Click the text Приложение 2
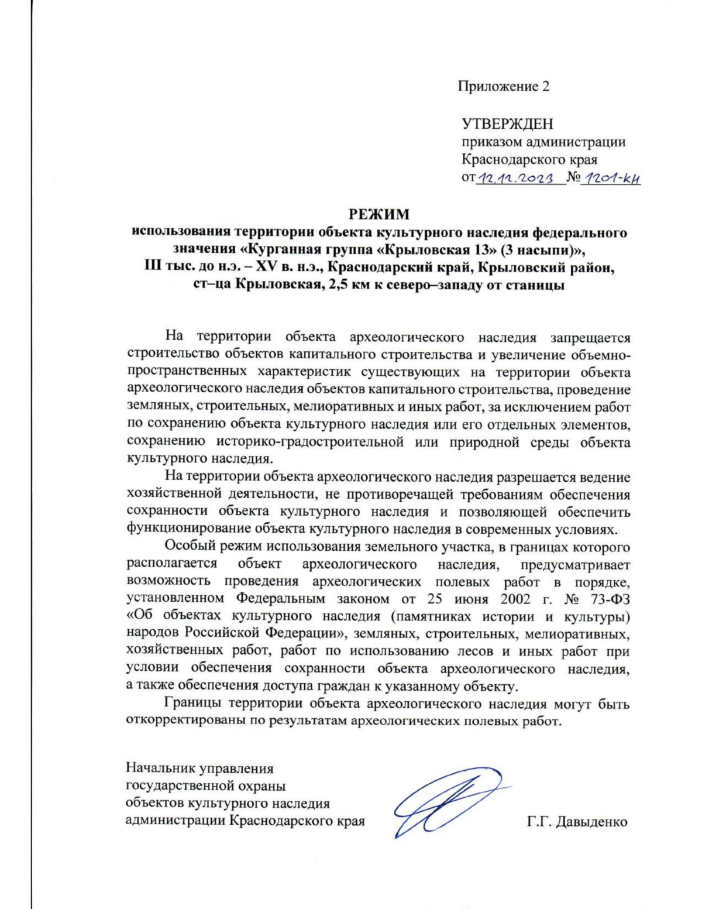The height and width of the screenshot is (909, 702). tap(504, 87)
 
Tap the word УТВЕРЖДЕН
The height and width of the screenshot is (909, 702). tap(507, 124)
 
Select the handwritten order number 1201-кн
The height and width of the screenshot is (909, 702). tap(611, 179)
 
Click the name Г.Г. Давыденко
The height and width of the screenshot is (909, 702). tap(577, 822)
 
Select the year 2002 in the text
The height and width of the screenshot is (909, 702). tap(515, 599)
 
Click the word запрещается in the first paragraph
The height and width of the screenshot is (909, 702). tap(590, 337)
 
